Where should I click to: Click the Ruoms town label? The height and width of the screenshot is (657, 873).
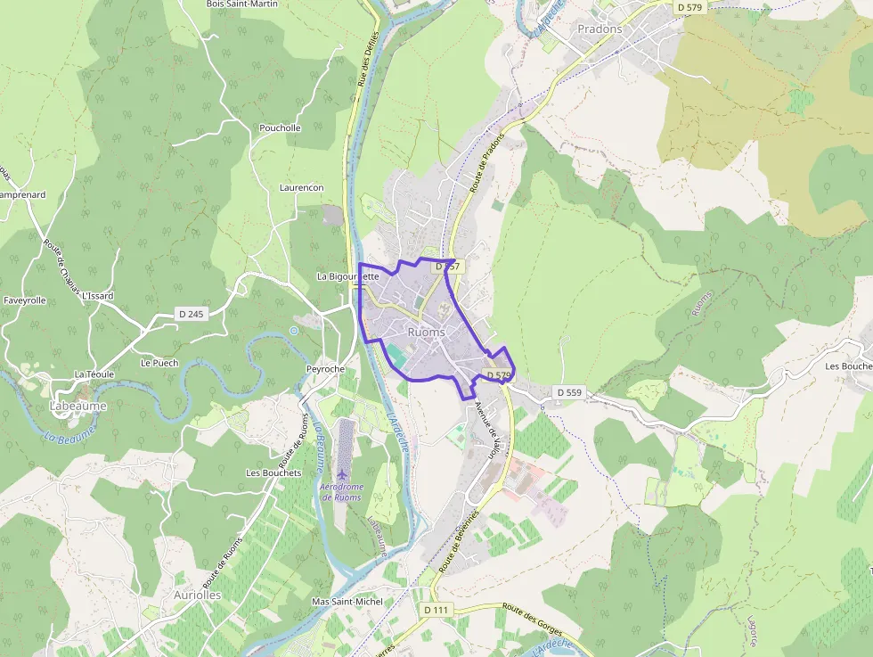(426, 333)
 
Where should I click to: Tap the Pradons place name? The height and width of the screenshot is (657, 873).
(600, 29)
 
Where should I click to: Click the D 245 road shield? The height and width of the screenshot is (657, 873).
(191, 314)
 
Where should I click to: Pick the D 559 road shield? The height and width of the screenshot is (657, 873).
(568, 392)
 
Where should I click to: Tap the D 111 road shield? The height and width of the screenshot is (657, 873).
(436, 610)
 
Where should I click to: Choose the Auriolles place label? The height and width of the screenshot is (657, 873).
(197, 595)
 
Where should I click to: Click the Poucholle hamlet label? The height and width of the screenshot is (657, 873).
(280, 128)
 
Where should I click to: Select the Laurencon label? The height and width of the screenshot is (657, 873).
(301, 188)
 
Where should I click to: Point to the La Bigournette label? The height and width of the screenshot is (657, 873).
(348, 276)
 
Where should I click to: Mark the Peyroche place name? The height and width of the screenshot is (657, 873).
(325, 369)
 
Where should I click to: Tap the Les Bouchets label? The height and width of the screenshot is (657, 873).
(273, 472)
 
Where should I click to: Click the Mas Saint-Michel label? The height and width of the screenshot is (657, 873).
(347, 602)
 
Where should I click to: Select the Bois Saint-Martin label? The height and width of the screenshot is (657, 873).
(241, 4)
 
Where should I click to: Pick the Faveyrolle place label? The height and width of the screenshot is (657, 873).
(24, 301)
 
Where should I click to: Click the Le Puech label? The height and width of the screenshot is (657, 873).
(159, 363)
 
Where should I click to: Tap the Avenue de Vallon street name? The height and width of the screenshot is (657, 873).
(487, 430)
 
